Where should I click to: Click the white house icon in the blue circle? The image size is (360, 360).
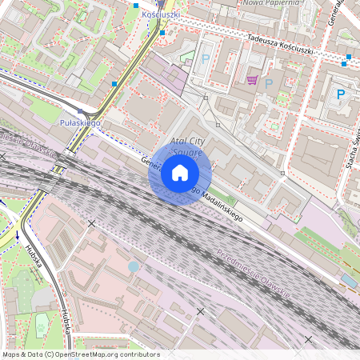pos(179,173)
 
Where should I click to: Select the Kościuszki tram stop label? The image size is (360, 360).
pos(160,14)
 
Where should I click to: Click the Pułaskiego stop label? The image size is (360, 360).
pos(80,123)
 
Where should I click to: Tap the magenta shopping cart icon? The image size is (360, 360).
pos(253,80)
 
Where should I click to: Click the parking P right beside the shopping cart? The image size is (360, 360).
pos(269,83)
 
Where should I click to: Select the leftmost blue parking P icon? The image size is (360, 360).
pos(206,58)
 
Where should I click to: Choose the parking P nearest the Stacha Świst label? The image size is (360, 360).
pos(340,94)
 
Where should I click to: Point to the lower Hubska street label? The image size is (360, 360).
pos(63,323)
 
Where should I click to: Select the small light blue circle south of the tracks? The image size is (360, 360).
pos(133,266)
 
